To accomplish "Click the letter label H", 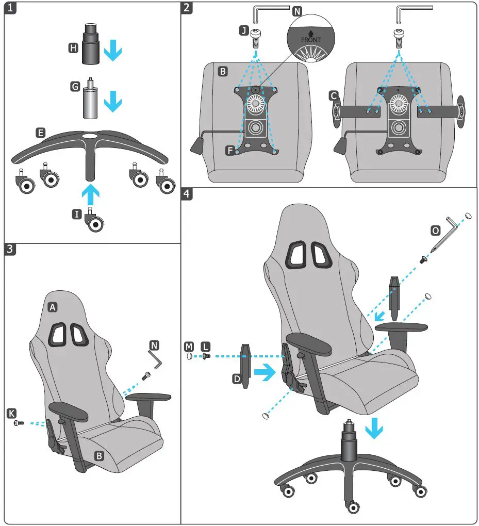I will (x=73, y=48).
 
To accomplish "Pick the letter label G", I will (x=74, y=87).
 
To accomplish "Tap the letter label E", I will (x=40, y=133).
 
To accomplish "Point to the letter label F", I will (x=231, y=151).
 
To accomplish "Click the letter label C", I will (x=334, y=95).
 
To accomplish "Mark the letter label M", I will (x=189, y=344).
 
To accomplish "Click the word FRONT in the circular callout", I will (x=311, y=40).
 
